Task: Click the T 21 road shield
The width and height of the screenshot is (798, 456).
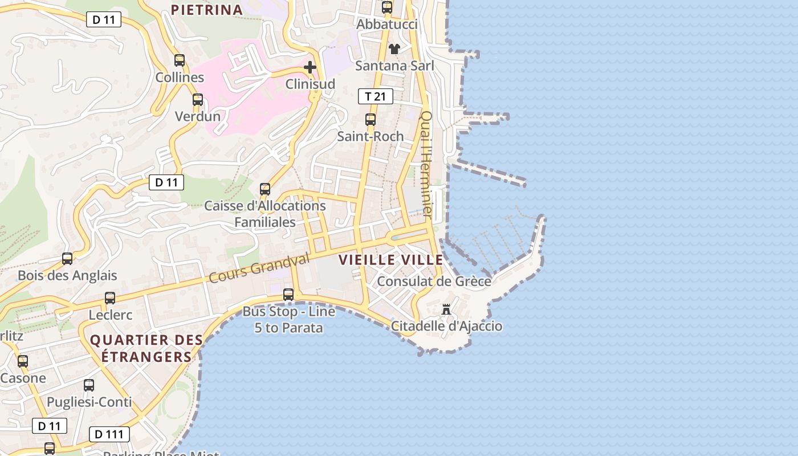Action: tap(376, 96)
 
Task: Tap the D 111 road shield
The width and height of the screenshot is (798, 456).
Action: tap(109, 434)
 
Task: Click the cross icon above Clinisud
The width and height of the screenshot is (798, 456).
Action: tap(310, 68)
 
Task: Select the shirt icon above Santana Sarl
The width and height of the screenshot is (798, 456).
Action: tap(394, 49)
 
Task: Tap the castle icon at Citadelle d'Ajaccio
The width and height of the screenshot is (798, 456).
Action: tap(446, 310)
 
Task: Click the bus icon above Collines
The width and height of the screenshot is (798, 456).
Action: tap(180, 60)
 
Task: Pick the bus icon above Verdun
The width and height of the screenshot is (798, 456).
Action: tap(197, 100)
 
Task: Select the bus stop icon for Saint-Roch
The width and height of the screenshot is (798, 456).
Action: tap(370, 120)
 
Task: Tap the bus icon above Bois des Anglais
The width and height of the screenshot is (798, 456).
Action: tap(67, 259)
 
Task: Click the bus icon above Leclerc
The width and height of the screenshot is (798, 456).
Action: tap(110, 298)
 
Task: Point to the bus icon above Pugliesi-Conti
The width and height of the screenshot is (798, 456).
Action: tap(89, 385)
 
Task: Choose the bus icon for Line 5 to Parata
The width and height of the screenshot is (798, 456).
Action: tap(288, 295)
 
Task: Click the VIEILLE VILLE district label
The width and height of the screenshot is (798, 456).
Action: tap(391, 260)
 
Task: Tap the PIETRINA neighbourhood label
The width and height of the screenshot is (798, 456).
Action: tap(207, 10)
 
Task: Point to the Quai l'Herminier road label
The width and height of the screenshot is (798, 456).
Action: tap(426, 165)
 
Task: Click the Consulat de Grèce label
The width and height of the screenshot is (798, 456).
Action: tap(434, 282)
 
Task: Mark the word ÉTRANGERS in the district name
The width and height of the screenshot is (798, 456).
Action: tap(146, 357)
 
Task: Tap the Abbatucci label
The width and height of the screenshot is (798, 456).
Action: tap(387, 25)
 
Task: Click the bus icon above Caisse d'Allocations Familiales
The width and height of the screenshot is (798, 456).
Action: tap(265, 189)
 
